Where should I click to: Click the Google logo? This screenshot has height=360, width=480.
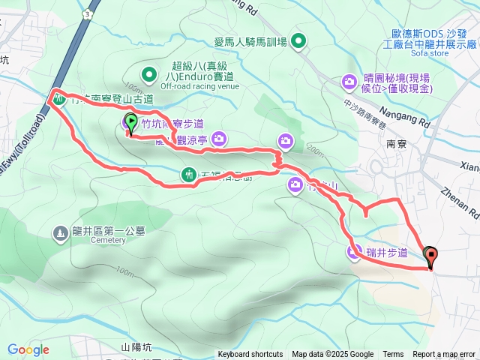click(x=28, y=349)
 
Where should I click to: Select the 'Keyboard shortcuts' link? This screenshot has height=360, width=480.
click(x=250, y=355)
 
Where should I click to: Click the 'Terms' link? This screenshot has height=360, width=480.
click(x=393, y=355)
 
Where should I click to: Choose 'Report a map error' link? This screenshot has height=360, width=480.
click(x=444, y=355)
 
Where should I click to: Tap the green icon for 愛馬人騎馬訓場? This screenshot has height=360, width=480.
click(x=298, y=41)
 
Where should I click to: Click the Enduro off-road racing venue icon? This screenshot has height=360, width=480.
click(x=148, y=73)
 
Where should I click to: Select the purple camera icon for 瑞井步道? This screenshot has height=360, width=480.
click(x=353, y=253)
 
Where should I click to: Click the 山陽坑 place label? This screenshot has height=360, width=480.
click(x=136, y=347)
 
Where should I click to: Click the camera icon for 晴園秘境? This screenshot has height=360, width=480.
click(x=349, y=81)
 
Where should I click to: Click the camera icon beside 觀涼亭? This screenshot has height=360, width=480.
click(x=218, y=137)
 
